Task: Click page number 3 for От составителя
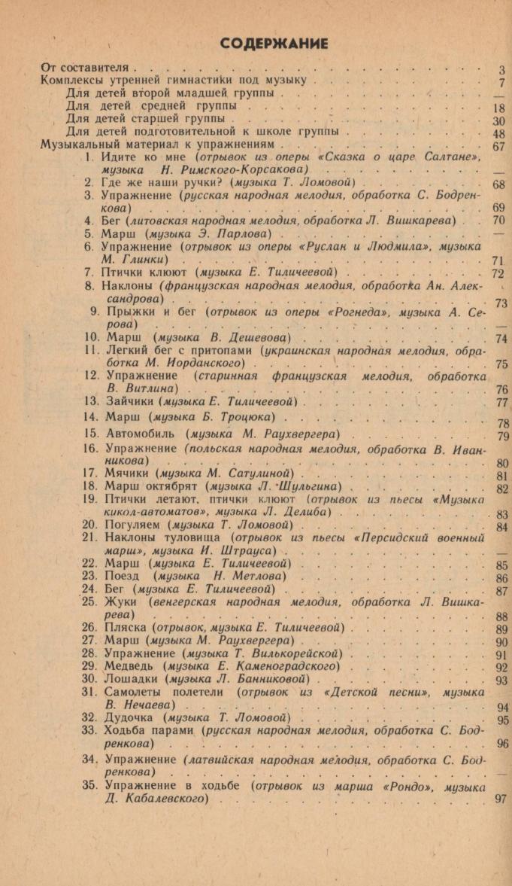tap(501, 71)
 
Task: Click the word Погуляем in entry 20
tap(135, 524)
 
